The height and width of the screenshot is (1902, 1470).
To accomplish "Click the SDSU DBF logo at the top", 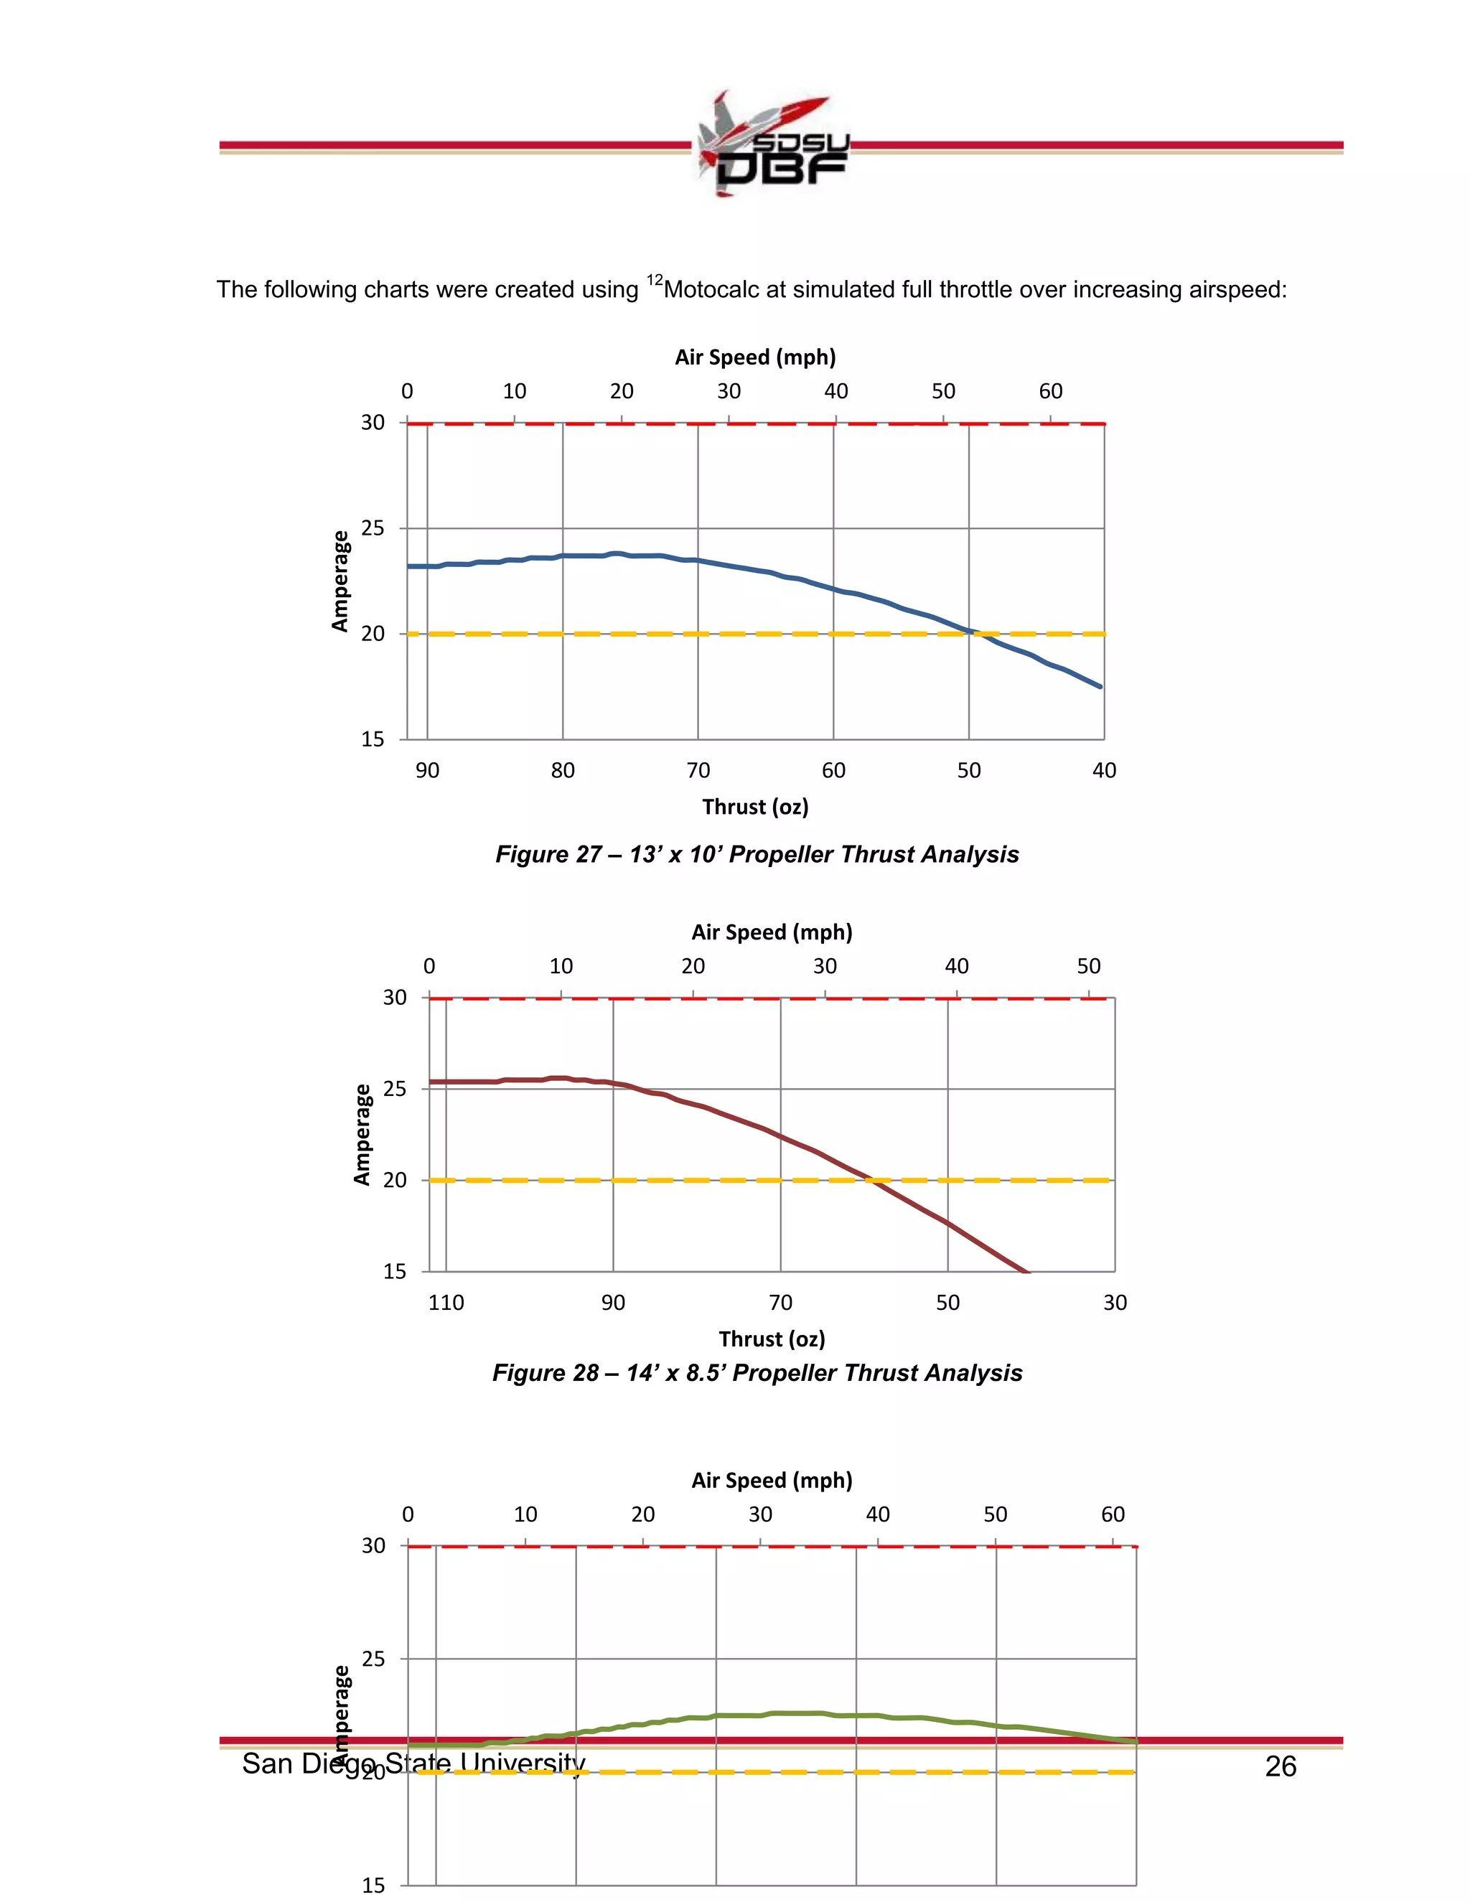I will coord(772,144).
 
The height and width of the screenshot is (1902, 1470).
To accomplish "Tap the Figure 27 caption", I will coord(757,854).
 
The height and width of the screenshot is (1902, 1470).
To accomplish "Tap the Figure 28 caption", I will coord(757,1373).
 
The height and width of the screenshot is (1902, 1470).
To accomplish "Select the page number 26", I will coord(1281,1766).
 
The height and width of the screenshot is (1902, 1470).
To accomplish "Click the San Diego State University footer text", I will coord(413,1763).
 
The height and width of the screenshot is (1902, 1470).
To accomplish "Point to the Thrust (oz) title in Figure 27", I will coord(755,807).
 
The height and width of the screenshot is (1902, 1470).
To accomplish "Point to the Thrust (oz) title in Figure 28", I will coord(772,1339).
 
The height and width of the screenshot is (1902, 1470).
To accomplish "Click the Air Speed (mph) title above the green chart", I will coord(772,1481).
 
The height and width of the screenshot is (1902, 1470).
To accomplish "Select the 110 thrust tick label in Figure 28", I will coord(446,1303).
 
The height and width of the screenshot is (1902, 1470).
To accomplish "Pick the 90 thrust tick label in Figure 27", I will coord(427,771).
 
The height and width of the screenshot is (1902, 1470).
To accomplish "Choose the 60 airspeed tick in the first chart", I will coord(1050,392).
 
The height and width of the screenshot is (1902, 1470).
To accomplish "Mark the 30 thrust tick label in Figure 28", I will coord(1115,1303).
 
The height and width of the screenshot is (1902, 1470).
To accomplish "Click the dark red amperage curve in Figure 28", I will coord(767,1130).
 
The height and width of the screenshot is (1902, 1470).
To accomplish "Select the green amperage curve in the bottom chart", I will coord(784,1713).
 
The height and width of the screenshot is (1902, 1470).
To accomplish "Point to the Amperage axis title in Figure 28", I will coord(362,1134).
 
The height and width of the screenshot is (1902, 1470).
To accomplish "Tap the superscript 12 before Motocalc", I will coord(654,279).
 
